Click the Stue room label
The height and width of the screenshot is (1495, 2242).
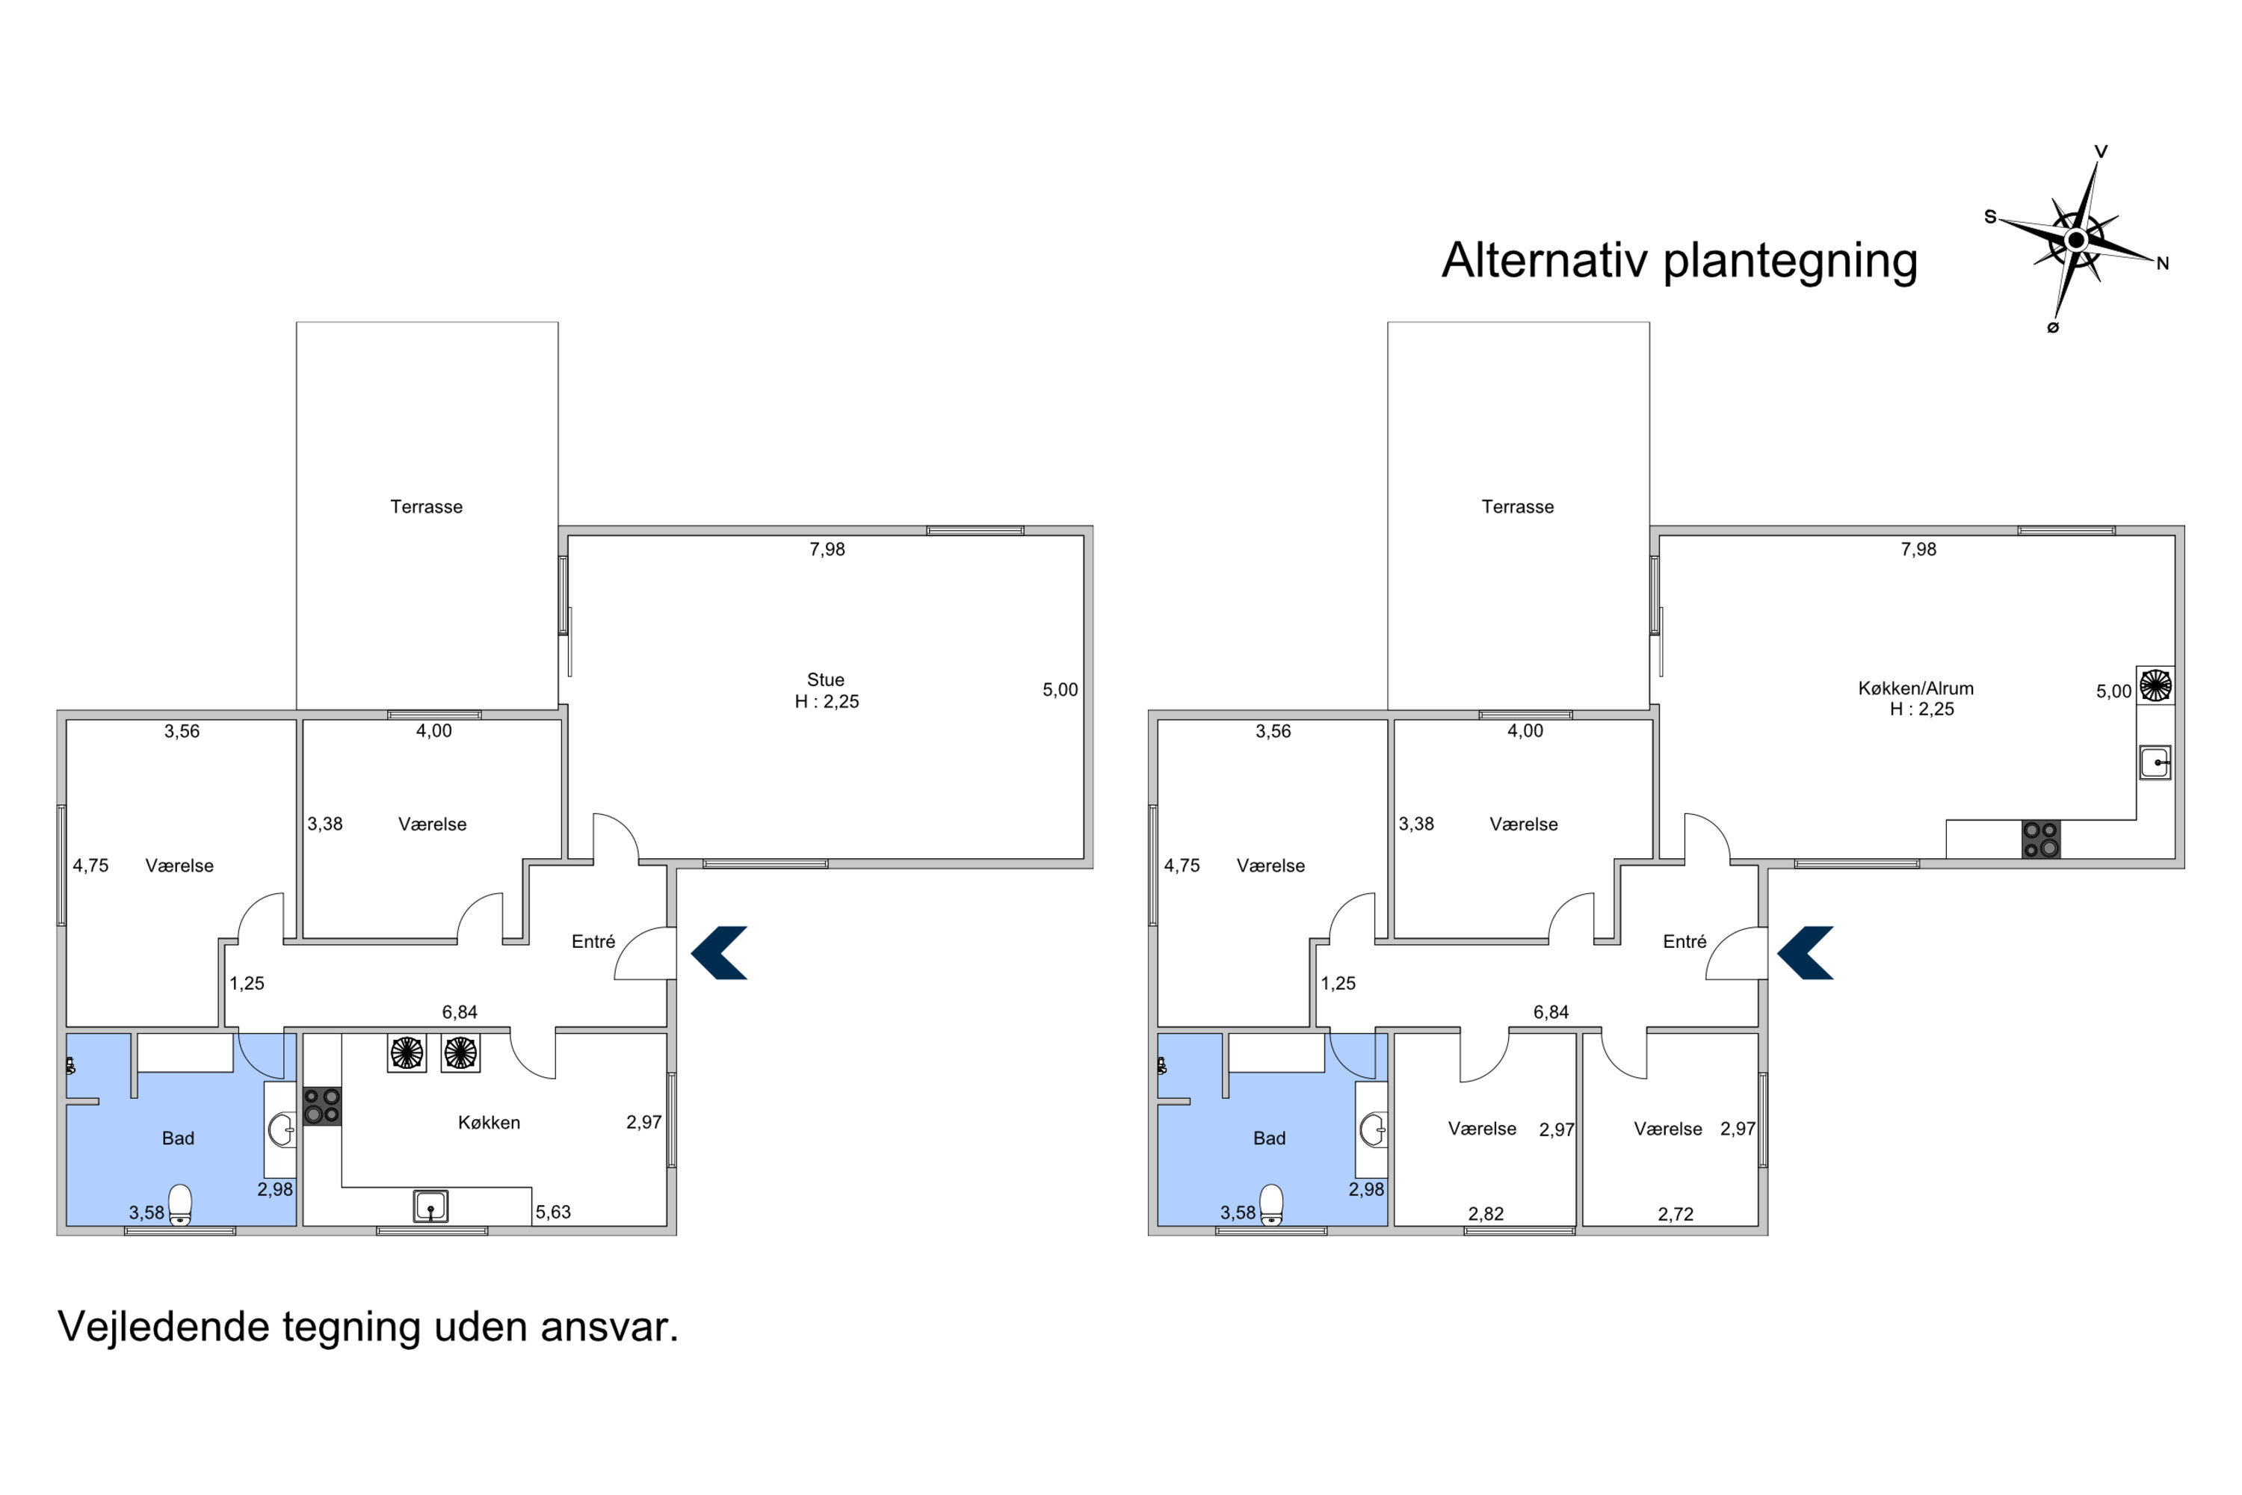pos(826,679)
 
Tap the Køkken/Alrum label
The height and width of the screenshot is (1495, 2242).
pos(1916,688)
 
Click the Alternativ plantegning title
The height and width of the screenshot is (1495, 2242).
pos(1679,260)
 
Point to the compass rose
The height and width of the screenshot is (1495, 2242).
pos(2076,240)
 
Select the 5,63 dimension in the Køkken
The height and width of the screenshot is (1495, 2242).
pos(553,1212)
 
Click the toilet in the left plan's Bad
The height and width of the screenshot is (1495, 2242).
pos(179,1204)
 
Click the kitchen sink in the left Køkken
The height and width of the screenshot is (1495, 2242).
pos(431,1206)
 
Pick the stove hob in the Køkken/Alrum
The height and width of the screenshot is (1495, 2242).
pos(2041,839)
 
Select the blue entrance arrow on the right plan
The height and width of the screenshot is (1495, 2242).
pos(1805,952)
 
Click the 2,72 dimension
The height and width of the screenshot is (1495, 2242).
pos(1675,1214)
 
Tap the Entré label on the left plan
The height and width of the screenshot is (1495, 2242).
pos(593,942)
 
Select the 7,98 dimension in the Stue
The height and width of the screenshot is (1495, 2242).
pos(827,549)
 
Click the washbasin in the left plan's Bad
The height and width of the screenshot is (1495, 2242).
pos(281,1129)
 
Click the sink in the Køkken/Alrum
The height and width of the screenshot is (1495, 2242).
pos(2155,762)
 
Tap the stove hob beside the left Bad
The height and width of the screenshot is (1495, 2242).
pos(322,1106)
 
